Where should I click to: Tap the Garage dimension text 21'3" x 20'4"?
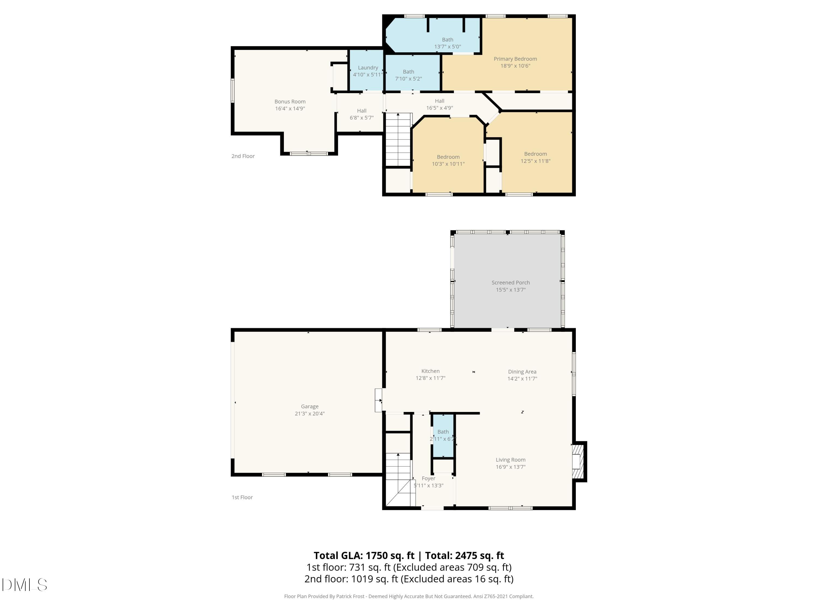[309, 414]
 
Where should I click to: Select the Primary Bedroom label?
[515, 59]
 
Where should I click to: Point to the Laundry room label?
[368, 68]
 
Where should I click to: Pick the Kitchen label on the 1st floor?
[431, 371]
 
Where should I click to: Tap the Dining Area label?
[522, 372]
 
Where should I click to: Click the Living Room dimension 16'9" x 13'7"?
[511, 467]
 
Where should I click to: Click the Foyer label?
[429, 478]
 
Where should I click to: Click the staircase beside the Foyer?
[399, 479]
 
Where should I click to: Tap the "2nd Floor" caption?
[243, 156]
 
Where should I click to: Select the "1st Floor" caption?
[242, 497]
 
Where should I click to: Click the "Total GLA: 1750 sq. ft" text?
[364, 555]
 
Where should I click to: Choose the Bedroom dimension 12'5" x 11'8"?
[536, 161]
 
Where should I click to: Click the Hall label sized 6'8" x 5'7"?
[362, 114]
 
